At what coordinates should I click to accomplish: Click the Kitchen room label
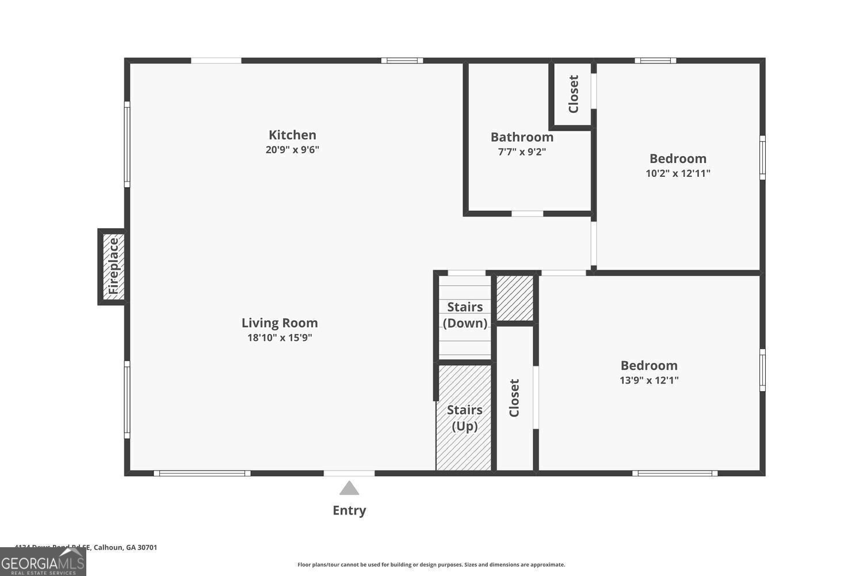tap(292, 135)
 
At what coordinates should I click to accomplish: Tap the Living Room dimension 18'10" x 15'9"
tap(280, 338)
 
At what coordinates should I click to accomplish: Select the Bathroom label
tap(522, 137)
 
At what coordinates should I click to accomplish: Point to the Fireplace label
tap(113, 266)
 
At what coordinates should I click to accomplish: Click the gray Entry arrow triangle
tap(349, 489)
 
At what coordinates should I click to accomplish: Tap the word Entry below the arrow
tap(349, 510)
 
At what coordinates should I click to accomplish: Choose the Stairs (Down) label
tap(465, 315)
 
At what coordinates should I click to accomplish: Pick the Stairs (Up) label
tap(464, 418)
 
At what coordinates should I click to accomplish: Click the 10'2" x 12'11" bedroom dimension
tap(678, 173)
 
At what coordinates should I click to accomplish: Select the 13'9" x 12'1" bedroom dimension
tap(649, 380)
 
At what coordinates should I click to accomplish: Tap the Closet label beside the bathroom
tap(573, 94)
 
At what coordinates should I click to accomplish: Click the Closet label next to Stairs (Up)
tap(514, 398)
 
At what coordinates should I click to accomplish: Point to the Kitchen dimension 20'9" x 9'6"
tap(292, 150)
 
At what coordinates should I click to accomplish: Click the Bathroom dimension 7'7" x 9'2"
tap(522, 152)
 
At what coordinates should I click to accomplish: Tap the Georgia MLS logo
tap(43, 562)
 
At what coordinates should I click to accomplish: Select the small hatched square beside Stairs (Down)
tap(514, 298)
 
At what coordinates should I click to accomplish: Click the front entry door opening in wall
tap(349, 473)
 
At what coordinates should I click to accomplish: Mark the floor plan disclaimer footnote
tap(431, 565)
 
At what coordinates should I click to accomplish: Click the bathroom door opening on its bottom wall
tap(528, 214)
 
